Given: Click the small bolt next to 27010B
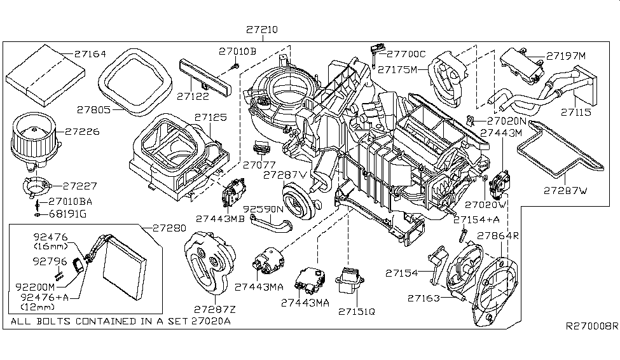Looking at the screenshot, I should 235,66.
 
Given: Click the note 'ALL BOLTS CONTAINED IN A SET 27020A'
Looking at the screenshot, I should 121,321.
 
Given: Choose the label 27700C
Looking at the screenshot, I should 407,55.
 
